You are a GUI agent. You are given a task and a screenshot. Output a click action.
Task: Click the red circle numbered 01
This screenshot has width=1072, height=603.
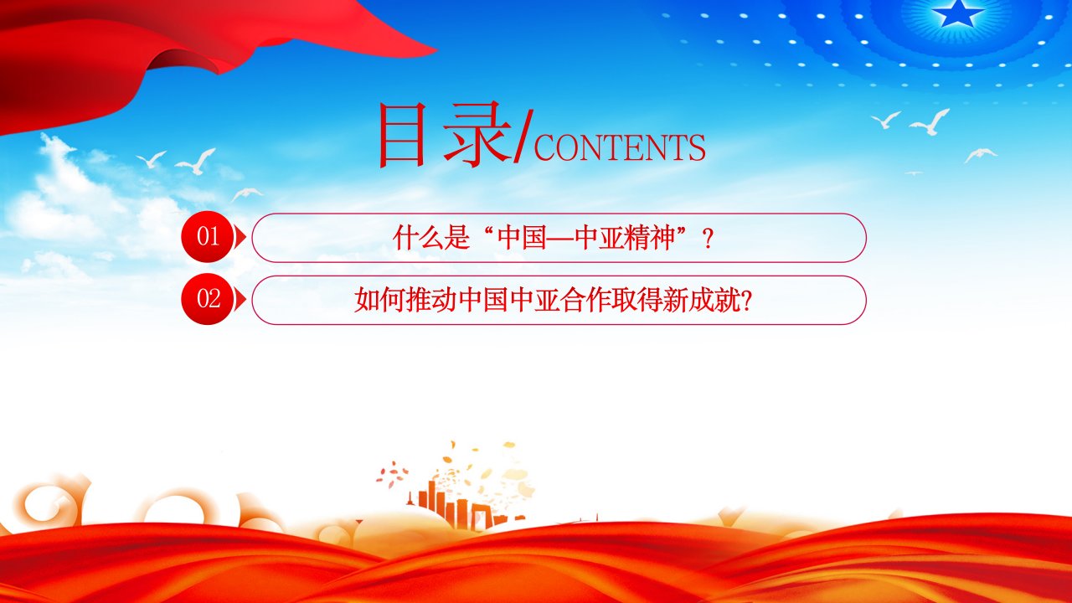tap(207, 236)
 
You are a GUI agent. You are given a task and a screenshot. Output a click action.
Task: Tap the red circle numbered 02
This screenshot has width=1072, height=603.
tap(207, 299)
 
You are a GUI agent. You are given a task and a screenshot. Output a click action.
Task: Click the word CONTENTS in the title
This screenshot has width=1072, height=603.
tap(619, 147)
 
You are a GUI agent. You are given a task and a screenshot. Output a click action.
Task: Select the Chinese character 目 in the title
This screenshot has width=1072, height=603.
tap(401, 135)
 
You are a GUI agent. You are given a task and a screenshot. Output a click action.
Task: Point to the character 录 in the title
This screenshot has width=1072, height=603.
tap(477, 135)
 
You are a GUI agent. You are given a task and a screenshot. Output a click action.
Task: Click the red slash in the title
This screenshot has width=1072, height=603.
tap(523, 137)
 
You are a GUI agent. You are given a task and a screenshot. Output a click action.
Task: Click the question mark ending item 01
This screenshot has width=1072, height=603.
tap(708, 239)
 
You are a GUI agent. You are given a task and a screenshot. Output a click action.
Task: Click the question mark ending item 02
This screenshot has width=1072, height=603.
tap(745, 301)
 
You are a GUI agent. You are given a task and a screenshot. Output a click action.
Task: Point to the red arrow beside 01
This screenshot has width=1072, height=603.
tap(240, 237)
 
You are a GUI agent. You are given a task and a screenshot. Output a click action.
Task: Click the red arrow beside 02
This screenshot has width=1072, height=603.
tap(240, 300)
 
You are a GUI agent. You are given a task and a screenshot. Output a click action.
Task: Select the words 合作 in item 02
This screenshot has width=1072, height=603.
tap(585, 300)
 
